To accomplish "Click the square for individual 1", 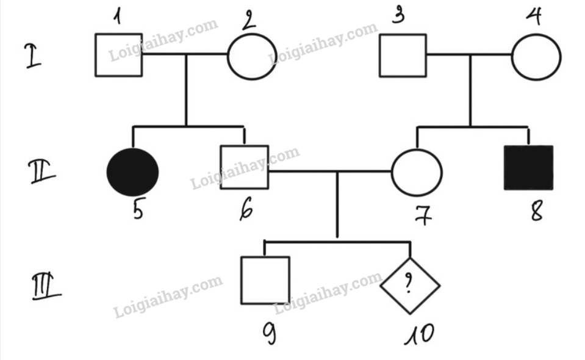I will pos(118,55).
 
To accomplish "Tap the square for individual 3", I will pos(403,56).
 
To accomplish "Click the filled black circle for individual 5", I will pos(133,172).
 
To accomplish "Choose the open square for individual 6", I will pos(244,167).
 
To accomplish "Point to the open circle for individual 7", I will pos(417,171).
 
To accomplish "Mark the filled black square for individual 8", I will pos(528,168).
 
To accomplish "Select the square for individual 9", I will pos(265,280).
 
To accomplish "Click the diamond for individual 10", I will pos(410,284).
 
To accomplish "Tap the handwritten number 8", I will pos(536,210).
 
